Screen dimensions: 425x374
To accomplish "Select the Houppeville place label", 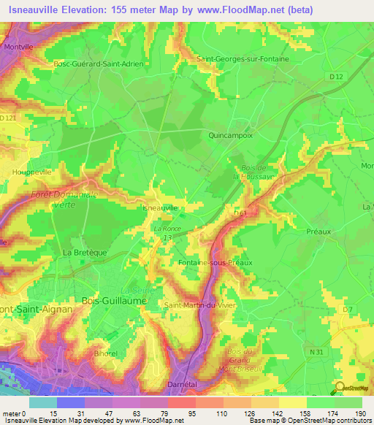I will coord(29,172).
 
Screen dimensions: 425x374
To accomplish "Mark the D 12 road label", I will coord(335,77).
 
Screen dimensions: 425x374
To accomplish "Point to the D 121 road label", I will coord(7,118).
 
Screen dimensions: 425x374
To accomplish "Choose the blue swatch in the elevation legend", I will coord(71,402).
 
